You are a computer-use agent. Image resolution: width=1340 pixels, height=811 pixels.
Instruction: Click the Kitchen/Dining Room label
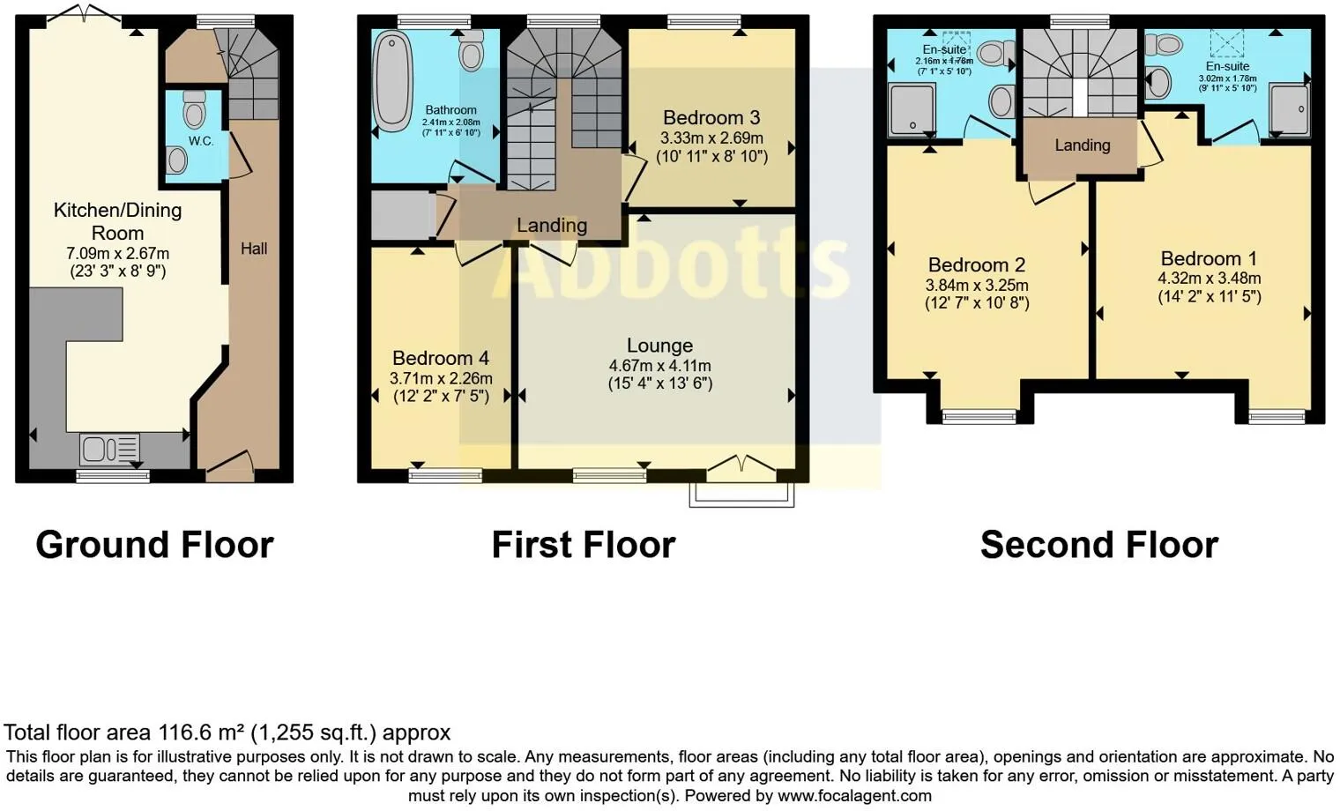click(x=117, y=221)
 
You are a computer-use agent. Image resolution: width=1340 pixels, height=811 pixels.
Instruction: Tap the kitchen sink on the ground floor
click(x=109, y=450)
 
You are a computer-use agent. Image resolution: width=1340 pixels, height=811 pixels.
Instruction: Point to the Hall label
click(x=254, y=249)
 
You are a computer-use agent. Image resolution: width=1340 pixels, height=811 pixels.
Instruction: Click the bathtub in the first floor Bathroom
click(x=393, y=81)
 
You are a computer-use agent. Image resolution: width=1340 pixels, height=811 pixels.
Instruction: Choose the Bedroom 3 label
click(x=711, y=118)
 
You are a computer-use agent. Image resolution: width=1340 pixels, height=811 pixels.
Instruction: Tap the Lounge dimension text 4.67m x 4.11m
click(x=659, y=366)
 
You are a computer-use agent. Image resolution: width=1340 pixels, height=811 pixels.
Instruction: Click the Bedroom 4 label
click(x=441, y=358)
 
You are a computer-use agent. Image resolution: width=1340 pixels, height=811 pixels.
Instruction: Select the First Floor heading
click(x=583, y=545)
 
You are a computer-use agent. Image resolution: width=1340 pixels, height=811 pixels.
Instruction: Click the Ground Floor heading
click(x=154, y=545)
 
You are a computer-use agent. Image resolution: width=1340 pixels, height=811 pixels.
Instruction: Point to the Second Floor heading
click(x=1099, y=545)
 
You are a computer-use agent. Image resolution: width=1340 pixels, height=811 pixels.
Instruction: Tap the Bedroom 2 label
click(x=977, y=265)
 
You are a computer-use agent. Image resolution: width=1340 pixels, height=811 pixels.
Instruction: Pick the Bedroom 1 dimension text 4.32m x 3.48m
click(x=1209, y=279)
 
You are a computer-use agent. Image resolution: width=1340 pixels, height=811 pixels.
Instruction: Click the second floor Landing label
click(x=1083, y=145)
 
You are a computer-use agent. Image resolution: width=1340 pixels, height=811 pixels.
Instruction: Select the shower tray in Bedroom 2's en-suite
click(x=911, y=109)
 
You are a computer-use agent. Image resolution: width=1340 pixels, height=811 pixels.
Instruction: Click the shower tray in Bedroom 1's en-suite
click(x=1289, y=109)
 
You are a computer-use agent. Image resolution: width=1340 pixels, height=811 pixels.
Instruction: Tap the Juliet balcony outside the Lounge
click(x=741, y=494)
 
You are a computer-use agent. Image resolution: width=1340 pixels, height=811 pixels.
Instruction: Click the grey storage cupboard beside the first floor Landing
click(x=402, y=216)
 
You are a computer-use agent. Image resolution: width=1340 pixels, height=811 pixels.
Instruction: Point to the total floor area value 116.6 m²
click(x=202, y=733)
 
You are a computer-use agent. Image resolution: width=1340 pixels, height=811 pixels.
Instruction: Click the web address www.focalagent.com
click(x=854, y=796)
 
